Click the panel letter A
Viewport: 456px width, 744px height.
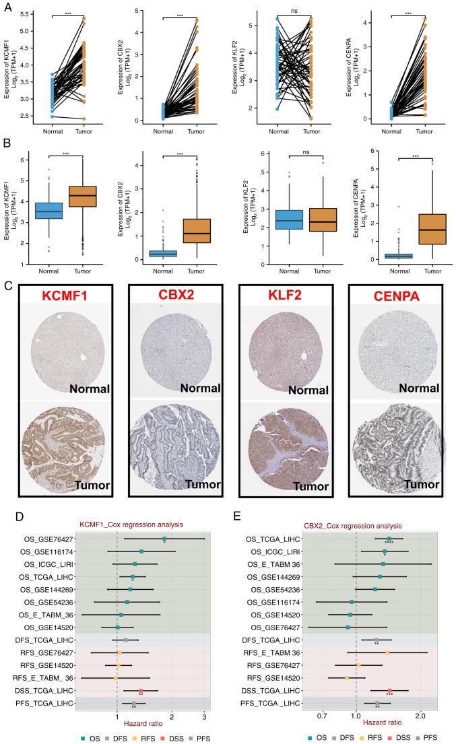coord(7,5)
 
